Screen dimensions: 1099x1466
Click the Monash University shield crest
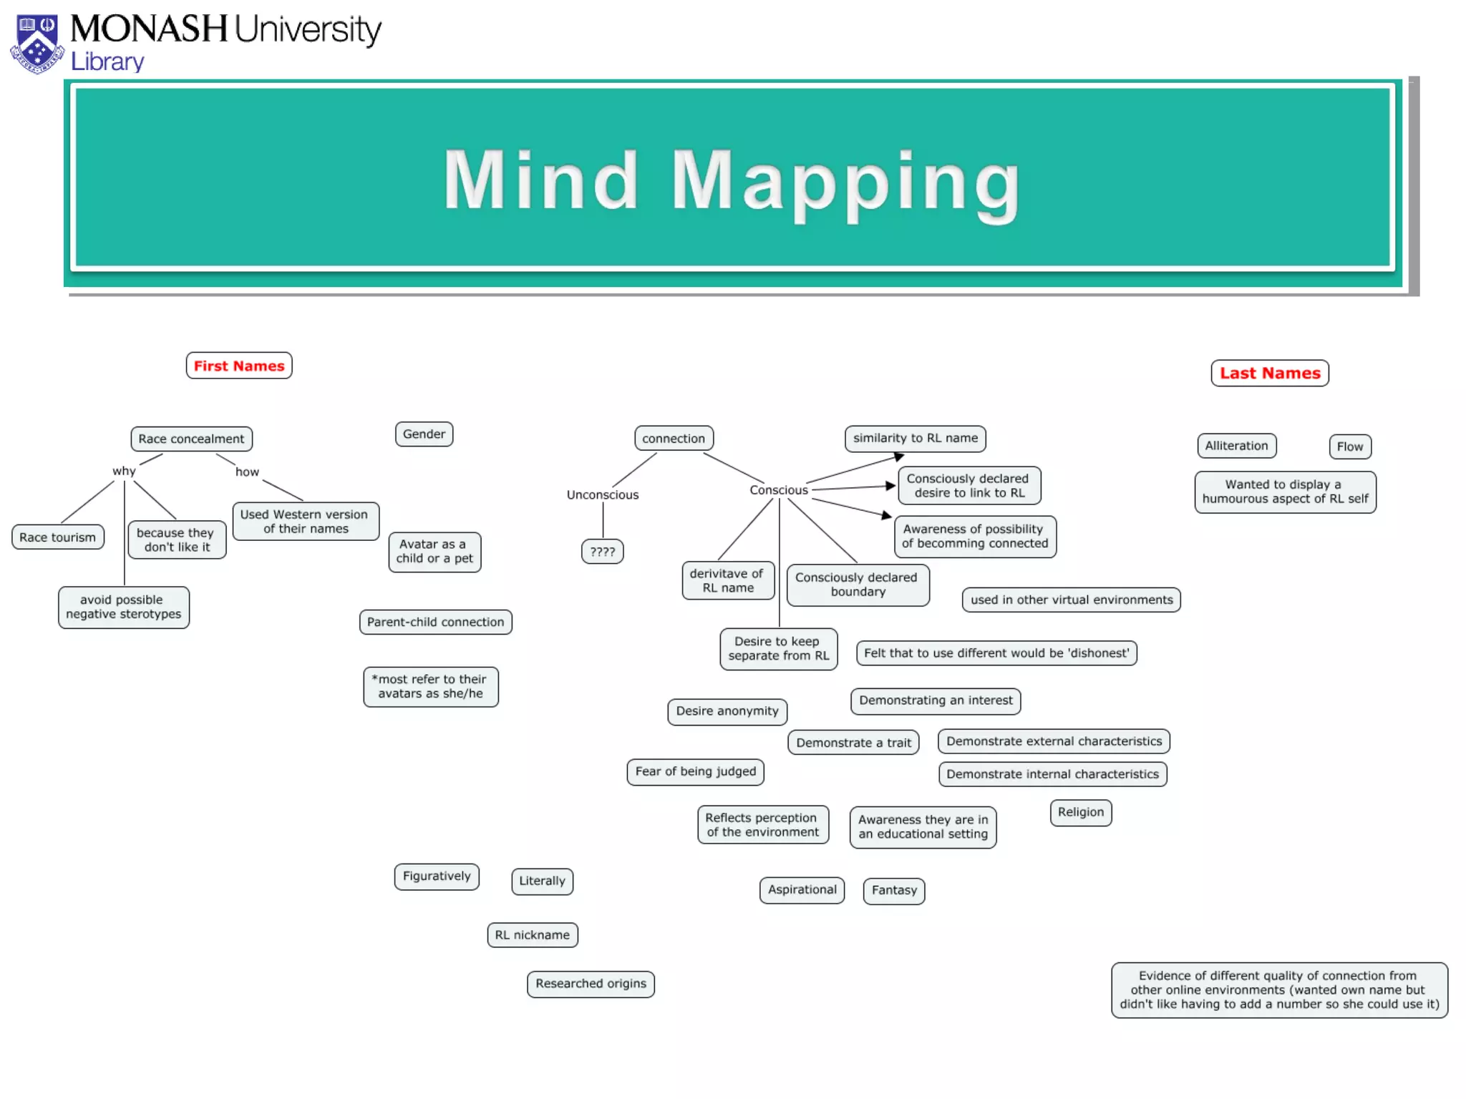[x=37, y=44]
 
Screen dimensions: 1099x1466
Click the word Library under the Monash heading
[x=107, y=62]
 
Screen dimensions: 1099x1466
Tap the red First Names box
[x=239, y=366]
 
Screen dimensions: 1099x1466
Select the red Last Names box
[x=1270, y=373]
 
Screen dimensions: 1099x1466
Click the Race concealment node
[x=191, y=439]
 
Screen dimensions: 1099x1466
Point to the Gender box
[x=424, y=434]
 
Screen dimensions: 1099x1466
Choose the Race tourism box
[x=57, y=537]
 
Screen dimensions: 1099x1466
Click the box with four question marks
[x=603, y=552]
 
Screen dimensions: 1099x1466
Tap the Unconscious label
[x=603, y=495]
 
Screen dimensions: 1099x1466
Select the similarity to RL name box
[x=915, y=438]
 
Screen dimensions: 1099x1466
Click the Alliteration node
[x=1236, y=446]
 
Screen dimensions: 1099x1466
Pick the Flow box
[x=1350, y=446]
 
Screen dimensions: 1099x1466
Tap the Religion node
[x=1081, y=812]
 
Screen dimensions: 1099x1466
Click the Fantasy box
[x=894, y=891]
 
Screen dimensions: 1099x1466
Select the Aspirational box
[x=802, y=890]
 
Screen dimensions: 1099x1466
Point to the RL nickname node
[x=533, y=935]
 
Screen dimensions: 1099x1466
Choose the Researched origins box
[x=591, y=984]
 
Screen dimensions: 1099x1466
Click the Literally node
[x=542, y=881]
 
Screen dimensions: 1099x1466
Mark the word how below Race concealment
[x=247, y=472]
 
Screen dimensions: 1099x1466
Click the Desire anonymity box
[x=727, y=711]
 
